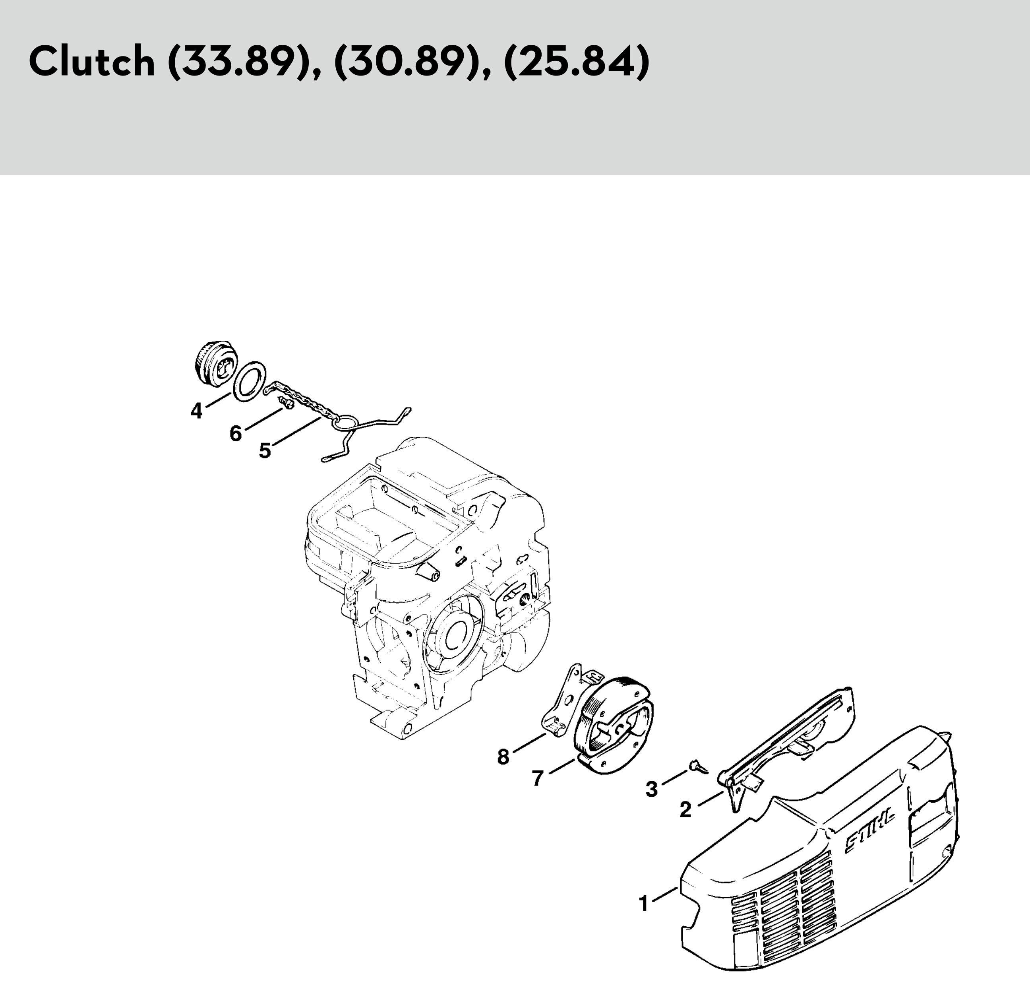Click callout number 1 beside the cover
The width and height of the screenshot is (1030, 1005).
click(643, 903)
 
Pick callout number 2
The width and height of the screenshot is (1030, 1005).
click(685, 810)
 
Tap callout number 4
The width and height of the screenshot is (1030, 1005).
click(196, 411)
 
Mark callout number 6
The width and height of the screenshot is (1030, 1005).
click(235, 433)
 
